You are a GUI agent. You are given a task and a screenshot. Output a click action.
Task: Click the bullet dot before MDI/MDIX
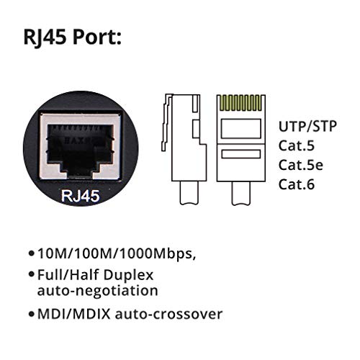pos(31,314)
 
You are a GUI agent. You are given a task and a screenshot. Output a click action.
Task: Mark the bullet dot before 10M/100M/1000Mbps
pos(31,254)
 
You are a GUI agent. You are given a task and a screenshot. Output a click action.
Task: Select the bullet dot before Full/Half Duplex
pos(31,275)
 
